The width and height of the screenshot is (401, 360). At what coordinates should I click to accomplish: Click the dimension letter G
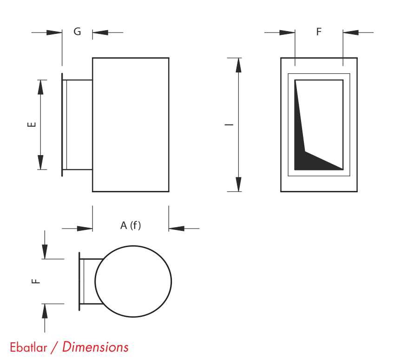point(77,32)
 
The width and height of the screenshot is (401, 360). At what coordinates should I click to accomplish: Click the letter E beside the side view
point(32,124)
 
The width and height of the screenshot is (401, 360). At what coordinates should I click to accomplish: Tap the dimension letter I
point(229,125)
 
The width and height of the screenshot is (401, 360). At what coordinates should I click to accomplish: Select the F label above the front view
point(319,32)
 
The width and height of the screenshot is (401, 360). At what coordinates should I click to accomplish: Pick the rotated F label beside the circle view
point(36,281)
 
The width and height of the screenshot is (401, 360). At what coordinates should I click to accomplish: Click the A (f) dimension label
point(131,225)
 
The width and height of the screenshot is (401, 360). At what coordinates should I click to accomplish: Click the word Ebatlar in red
point(29,347)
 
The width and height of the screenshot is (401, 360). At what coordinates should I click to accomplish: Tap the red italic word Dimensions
point(95,347)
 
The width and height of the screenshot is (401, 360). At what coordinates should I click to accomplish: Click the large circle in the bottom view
point(133,281)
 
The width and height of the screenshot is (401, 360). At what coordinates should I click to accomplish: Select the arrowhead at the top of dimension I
point(238,65)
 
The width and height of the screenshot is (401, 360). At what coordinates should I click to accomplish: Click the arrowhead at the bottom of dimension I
point(238,184)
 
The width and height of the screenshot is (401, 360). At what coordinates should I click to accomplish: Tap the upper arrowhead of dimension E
point(40,87)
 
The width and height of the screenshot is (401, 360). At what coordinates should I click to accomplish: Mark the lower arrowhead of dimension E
point(40,162)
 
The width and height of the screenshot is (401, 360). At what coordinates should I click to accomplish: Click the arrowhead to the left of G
point(54,33)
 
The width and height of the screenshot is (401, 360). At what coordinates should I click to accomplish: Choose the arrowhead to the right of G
point(100,33)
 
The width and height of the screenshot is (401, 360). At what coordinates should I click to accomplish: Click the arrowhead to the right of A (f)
point(177,229)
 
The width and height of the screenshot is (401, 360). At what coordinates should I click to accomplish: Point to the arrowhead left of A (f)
point(85,229)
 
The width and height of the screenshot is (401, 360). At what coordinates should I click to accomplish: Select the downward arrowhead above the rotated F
point(45,252)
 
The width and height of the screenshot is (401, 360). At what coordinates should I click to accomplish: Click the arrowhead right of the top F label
point(351,33)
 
